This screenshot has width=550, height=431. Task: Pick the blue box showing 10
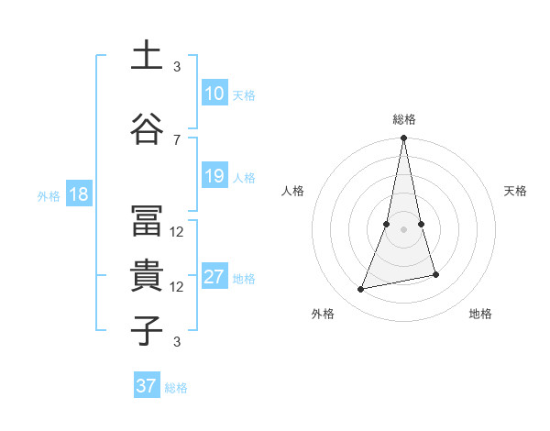coord(214,94)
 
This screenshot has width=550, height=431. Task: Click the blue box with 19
coord(214,176)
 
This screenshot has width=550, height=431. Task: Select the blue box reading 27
coord(214,277)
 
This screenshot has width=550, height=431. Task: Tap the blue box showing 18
coord(78,194)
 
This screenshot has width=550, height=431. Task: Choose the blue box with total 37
coord(147,386)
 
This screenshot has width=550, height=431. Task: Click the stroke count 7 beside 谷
coord(177,139)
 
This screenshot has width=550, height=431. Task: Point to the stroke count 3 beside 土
coord(177,67)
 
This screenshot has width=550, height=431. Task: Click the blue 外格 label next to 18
coord(49,195)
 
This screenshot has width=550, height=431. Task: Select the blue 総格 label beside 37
coord(176,387)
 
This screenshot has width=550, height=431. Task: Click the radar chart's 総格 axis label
coord(403,119)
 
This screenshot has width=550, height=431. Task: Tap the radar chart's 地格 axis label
coord(480,315)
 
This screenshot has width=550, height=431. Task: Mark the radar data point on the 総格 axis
coord(403,138)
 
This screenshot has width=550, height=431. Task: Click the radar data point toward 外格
coord(361,290)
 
